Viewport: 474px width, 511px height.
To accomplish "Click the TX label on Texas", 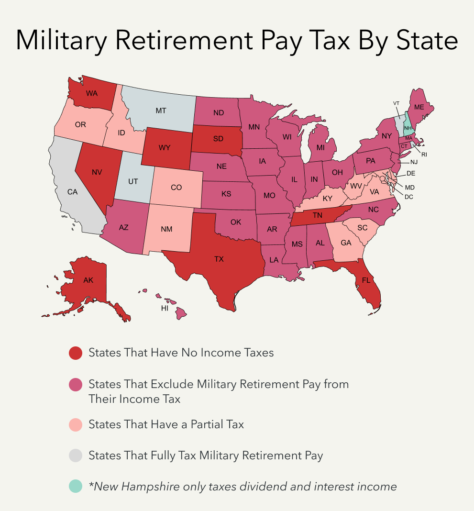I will coord(219,259).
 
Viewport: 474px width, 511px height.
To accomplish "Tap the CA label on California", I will coord(72,192).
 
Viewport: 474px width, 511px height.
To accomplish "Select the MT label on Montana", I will coord(161,111).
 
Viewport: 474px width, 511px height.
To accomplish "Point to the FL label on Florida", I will coord(366,280).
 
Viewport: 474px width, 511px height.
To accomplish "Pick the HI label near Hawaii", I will coord(165,309).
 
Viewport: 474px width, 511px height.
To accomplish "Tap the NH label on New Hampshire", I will coord(408,128).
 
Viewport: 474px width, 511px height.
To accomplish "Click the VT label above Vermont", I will coord(396,103).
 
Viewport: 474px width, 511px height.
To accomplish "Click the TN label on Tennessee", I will coord(318,215).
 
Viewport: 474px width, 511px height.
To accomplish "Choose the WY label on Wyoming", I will coord(165,147).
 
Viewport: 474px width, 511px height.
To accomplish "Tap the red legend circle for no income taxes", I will coord(75,353).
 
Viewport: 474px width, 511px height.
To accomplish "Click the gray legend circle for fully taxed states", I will coord(75,455).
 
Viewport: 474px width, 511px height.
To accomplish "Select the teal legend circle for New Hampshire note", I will coord(75,487).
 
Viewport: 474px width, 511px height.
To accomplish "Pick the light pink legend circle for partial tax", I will coord(75,424).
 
